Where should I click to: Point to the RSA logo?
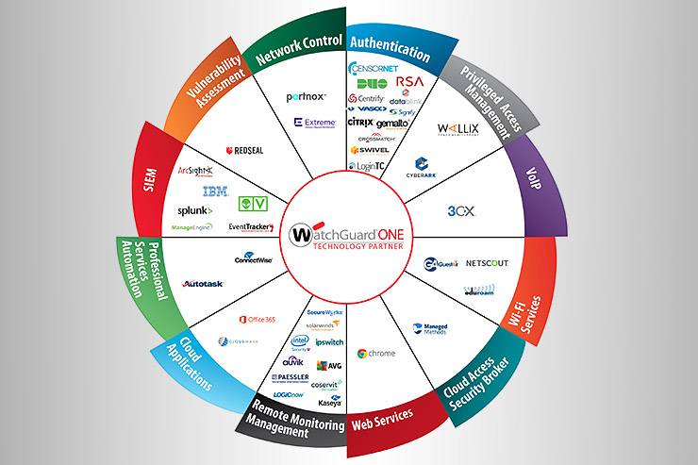[409, 82]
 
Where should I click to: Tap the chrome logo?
[376, 353]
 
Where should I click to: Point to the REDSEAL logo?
[243, 152]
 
